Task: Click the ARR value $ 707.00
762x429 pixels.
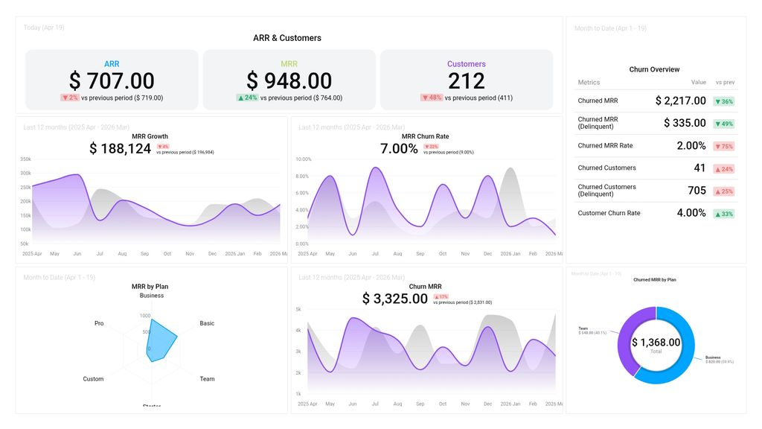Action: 112,80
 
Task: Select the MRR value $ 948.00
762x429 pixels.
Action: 289,80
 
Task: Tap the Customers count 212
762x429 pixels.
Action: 467,80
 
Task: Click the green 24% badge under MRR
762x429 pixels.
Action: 247,98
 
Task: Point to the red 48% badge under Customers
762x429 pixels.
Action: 432,98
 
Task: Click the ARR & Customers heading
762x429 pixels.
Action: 287,38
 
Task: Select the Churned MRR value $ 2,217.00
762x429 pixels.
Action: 680,101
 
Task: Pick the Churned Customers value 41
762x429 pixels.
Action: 699,168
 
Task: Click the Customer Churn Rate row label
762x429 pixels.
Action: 609,213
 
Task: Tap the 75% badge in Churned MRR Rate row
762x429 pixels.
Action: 723,146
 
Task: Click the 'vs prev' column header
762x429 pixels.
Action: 724,83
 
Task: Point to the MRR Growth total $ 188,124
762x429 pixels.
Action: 120,149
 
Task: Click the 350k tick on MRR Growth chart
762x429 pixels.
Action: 25,159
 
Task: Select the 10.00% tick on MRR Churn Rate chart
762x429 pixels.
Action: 303,159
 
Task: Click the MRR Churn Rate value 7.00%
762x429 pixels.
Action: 399,149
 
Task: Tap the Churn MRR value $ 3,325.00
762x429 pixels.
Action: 394,299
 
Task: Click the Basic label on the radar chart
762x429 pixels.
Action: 207,323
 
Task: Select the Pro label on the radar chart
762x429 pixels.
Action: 99,323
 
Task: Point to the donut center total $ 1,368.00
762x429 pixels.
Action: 656,343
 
